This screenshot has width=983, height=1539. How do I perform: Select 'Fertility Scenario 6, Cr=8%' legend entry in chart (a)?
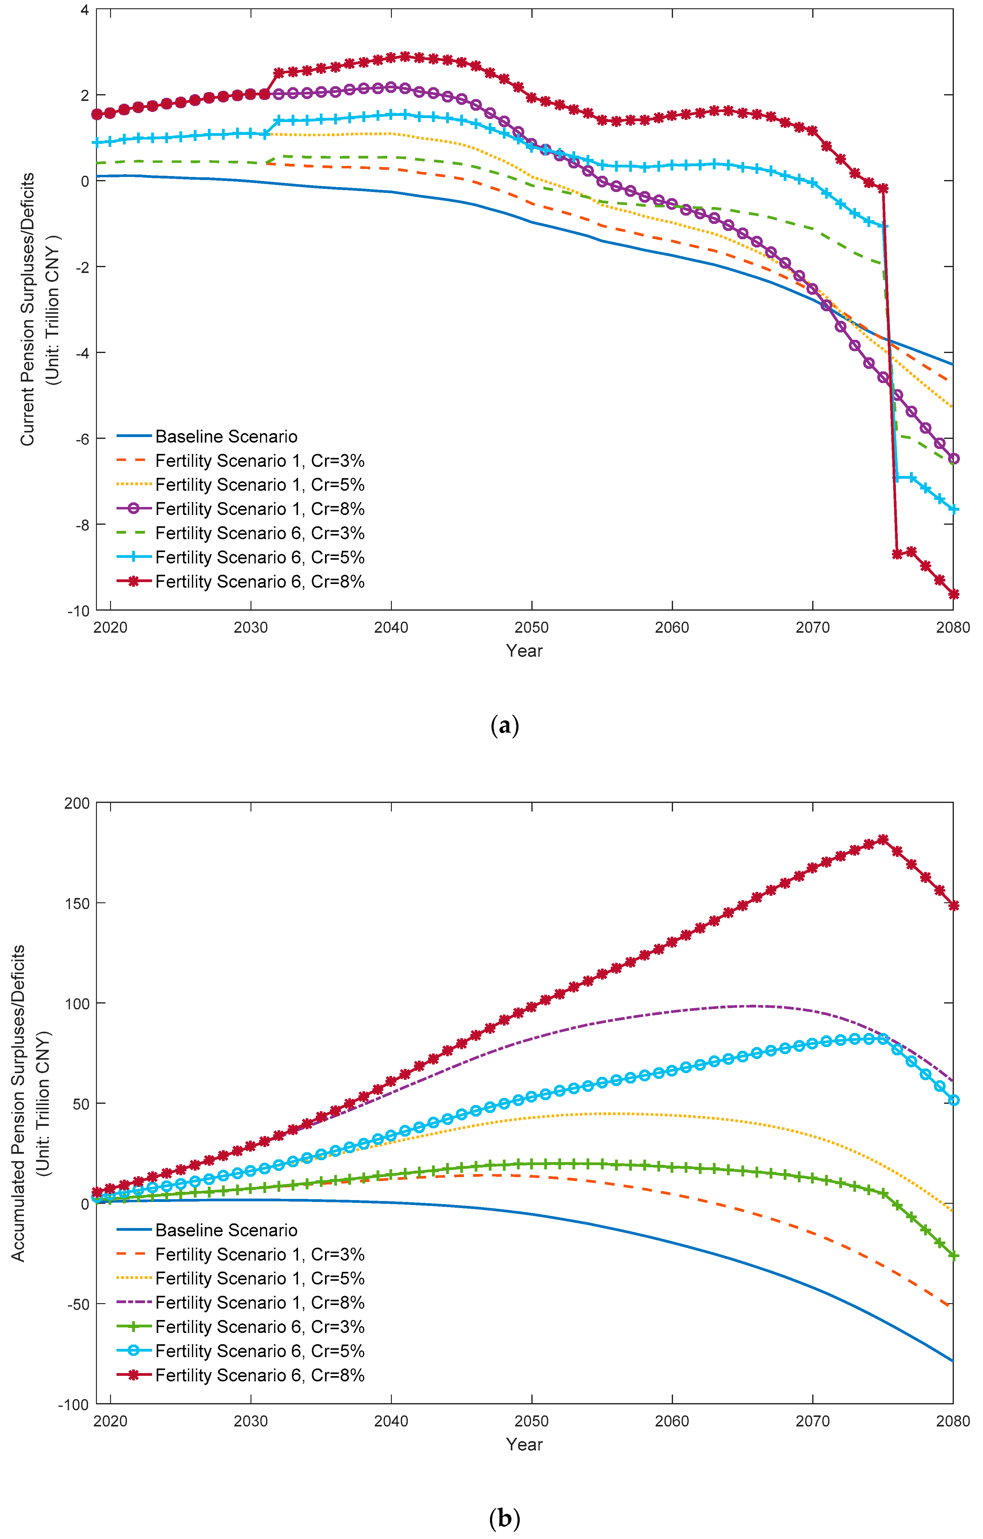point(259,581)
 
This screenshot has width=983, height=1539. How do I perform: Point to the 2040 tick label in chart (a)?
point(391,627)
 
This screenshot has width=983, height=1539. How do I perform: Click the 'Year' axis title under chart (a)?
point(524,651)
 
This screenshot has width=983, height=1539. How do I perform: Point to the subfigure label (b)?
point(504,1518)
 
